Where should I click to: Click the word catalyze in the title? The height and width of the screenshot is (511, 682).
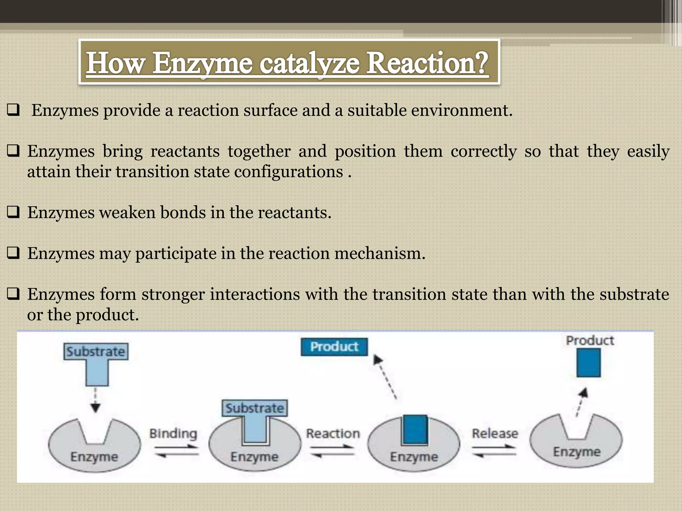click(x=309, y=63)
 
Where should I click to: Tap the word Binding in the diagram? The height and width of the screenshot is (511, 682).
click(x=173, y=433)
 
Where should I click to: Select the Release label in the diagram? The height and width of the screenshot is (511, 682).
click(x=495, y=433)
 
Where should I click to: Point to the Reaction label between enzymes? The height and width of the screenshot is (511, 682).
click(x=333, y=433)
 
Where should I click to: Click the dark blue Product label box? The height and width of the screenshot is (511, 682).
click(x=334, y=347)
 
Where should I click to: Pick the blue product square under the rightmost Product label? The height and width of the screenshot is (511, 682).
click(x=588, y=363)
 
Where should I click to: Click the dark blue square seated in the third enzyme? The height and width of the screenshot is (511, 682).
click(x=415, y=429)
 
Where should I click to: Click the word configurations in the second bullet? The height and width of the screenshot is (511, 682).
click(x=288, y=172)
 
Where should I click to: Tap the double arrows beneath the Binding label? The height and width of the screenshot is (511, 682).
click(x=176, y=451)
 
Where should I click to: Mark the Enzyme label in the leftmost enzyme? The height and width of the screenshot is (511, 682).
click(x=94, y=457)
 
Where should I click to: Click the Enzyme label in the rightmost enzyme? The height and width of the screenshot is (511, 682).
click(x=577, y=452)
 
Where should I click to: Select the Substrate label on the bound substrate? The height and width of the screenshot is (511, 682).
click(x=255, y=408)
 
